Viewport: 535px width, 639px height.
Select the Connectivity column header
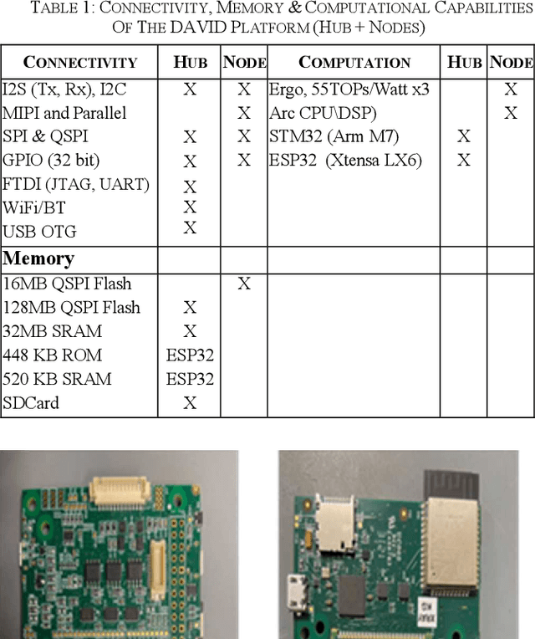tap(79, 62)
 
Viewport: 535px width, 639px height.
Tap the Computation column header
tap(354, 62)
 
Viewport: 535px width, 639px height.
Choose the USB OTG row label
tap(39, 232)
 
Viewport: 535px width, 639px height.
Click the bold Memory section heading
tap(39, 258)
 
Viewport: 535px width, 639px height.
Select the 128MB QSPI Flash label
tap(71, 308)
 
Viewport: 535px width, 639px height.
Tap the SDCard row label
tap(31, 403)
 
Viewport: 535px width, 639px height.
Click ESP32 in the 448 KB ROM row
tap(190, 355)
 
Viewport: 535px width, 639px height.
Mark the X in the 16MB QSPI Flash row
tap(243, 284)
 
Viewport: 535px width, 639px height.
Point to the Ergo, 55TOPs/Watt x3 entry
tap(349, 89)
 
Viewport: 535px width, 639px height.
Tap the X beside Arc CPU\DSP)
tap(511, 113)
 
